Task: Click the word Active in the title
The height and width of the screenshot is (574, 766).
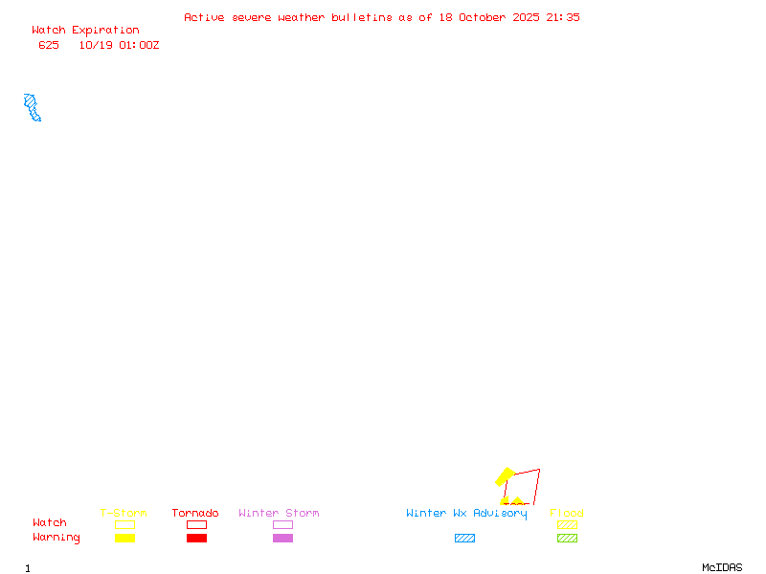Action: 204,17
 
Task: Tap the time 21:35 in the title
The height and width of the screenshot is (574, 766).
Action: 563,17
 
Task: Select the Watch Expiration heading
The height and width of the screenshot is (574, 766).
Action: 85,31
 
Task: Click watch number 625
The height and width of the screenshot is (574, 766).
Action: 49,45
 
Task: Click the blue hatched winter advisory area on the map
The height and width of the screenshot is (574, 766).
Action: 33,107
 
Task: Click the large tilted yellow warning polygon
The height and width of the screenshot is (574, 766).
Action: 505,476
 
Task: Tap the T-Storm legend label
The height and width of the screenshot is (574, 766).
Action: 124,514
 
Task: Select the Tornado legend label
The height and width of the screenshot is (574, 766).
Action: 195,514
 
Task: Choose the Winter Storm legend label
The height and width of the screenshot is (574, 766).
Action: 279,514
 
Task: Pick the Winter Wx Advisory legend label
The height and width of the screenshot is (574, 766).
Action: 466,514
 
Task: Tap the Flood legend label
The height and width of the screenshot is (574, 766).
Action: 567,514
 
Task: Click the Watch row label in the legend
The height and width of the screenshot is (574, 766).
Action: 50,523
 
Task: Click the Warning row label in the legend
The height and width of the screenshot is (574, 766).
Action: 56,538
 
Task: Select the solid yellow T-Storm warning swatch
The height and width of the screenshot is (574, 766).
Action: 124,539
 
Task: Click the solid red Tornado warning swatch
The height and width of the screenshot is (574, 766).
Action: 196,539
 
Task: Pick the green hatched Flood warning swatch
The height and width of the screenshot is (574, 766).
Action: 567,539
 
